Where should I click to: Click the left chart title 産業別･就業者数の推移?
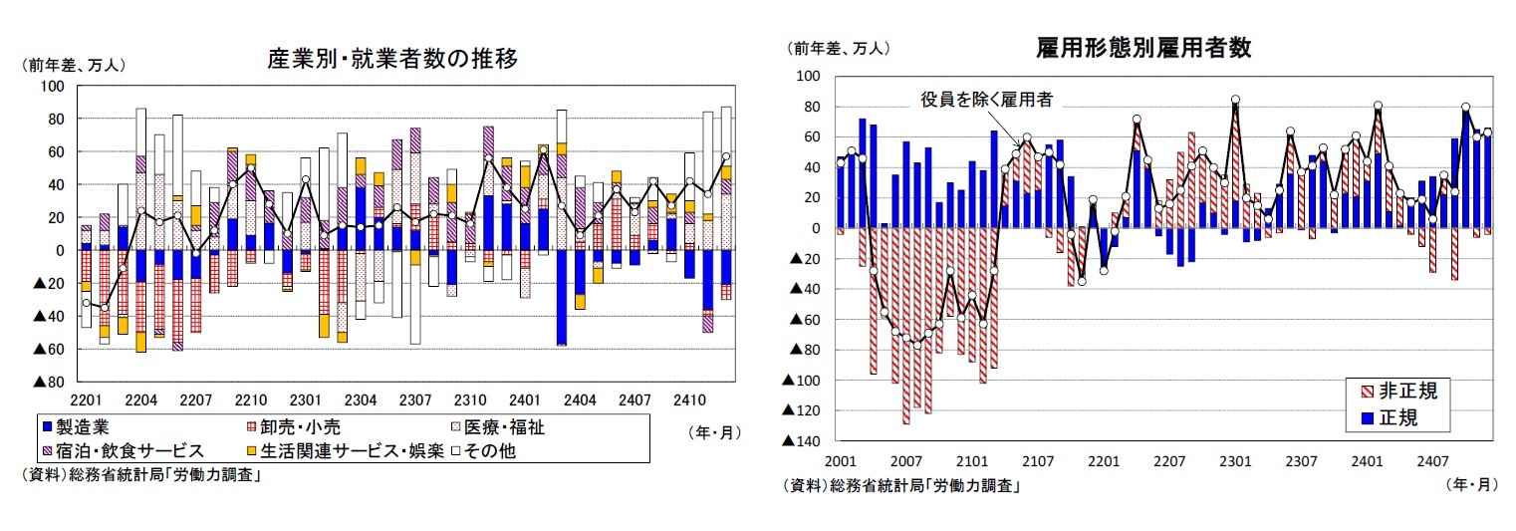point(392,59)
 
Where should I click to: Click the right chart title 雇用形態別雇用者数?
point(1143,47)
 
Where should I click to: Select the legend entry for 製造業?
point(79,428)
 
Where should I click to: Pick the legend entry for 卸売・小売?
point(285,428)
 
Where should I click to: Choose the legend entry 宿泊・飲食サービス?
point(124,451)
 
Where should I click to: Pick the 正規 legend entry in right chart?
point(1394,417)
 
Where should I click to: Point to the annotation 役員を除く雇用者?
point(985,99)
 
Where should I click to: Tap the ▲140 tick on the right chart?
point(803,441)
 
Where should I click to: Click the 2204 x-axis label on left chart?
point(140,400)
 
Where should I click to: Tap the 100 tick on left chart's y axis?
point(51,87)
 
